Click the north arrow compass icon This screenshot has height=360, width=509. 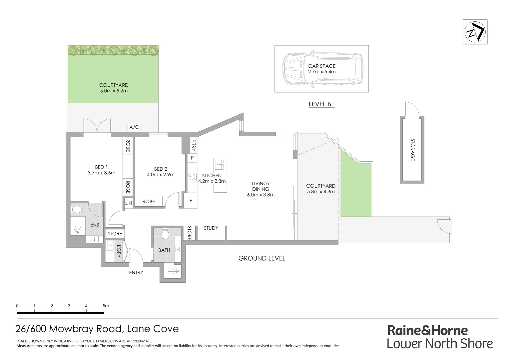[x=475, y=32]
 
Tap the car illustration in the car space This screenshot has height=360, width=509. [x=321, y=69]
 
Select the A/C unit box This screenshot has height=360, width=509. [x=134, y=127]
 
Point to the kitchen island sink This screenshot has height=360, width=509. [x=220, y=164]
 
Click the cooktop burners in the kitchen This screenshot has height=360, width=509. [x=192, y=177]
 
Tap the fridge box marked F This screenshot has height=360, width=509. [x=191, y=201]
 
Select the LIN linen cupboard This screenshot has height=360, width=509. [x=129, y=203]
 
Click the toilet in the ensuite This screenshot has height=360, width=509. [x=76, y=210]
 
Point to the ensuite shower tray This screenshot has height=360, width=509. [x=78, y=226]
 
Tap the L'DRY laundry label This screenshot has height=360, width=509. [x=118, y=251]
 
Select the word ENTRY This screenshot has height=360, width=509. [x=136, y=273]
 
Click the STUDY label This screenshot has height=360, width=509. [x=211, y=228]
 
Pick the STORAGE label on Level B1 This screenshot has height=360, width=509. [x=412, y=150]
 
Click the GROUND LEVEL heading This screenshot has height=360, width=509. [x=262, y=258]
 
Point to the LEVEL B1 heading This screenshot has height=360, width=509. [x=321, y=104]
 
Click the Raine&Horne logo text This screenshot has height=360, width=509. [x=427, y=330]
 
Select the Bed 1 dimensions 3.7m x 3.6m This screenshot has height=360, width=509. [x=101, y=173]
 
